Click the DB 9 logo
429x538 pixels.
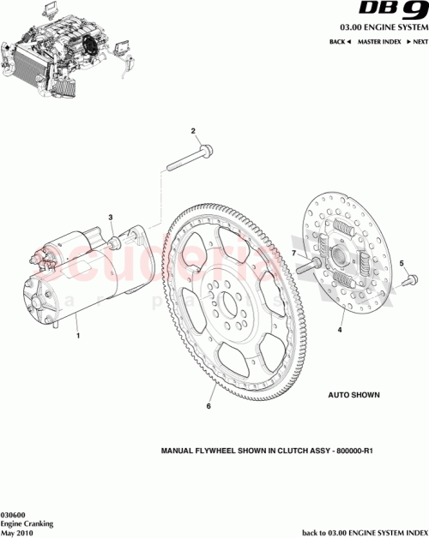391,13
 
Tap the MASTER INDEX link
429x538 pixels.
380,42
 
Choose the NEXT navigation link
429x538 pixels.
418,42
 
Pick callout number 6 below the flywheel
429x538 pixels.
208,407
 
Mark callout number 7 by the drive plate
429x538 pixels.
292,254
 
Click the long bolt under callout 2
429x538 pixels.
187,158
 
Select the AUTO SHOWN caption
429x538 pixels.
353,397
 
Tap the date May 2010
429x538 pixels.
16,531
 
